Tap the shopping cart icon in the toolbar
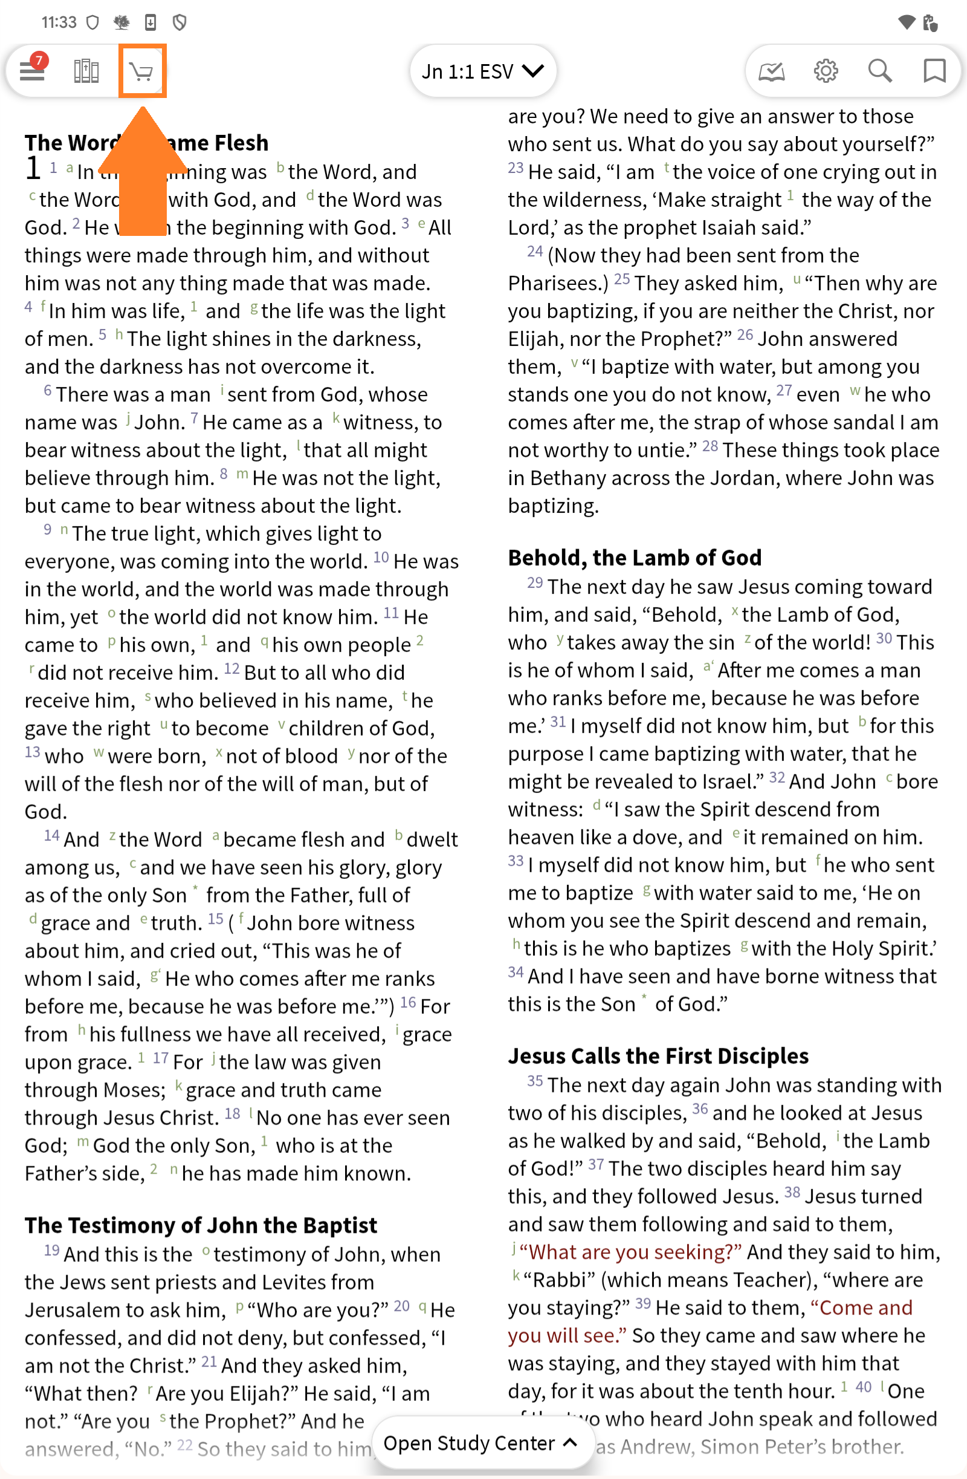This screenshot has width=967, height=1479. [142, 71]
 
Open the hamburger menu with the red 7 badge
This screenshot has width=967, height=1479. [32, 71]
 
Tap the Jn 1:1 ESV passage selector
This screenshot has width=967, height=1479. [482, 71]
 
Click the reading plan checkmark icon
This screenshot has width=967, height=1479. [771, 71]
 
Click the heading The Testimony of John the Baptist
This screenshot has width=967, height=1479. [201, 1225]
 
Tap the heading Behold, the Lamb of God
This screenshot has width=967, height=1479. [634, 557]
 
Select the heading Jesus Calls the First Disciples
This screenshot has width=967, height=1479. [658, 1056]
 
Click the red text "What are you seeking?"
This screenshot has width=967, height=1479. [630, 1252]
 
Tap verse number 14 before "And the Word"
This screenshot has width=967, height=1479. [51, 836]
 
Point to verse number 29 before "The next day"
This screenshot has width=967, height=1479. [535, 583]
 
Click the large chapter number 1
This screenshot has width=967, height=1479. [33, 168]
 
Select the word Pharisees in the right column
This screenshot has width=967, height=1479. [555, 283]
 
